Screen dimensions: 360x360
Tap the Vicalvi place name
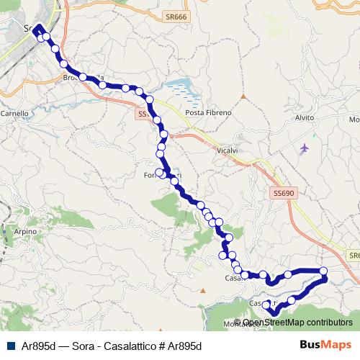(228, 151)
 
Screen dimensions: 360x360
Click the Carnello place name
(14, 113)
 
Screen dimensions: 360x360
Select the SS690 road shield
(284, 193)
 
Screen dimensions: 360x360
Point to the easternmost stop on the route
(324, 271)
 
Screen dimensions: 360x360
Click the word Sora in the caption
(84, 346)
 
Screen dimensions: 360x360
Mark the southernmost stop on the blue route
(274, 312)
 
